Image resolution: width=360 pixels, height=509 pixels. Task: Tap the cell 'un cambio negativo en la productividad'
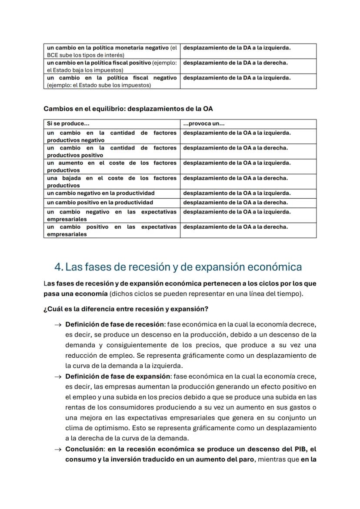(x=101, y=193)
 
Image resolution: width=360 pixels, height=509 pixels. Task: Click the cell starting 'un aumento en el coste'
(x=112, y=166)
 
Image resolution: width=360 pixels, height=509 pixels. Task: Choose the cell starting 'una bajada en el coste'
(x=112, y=182)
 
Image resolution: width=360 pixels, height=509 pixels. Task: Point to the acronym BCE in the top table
(x=53, y=55)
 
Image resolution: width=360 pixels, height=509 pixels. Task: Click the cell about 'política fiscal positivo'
(x=112, y=66)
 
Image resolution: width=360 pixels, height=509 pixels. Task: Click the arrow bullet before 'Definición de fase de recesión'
(x=57, y=325)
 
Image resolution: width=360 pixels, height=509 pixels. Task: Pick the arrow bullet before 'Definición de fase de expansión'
(x=57, y=376)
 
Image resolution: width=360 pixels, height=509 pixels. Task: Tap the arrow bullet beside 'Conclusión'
(x=57, y=449)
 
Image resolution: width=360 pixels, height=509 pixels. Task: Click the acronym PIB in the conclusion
(x=300, y=449)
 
